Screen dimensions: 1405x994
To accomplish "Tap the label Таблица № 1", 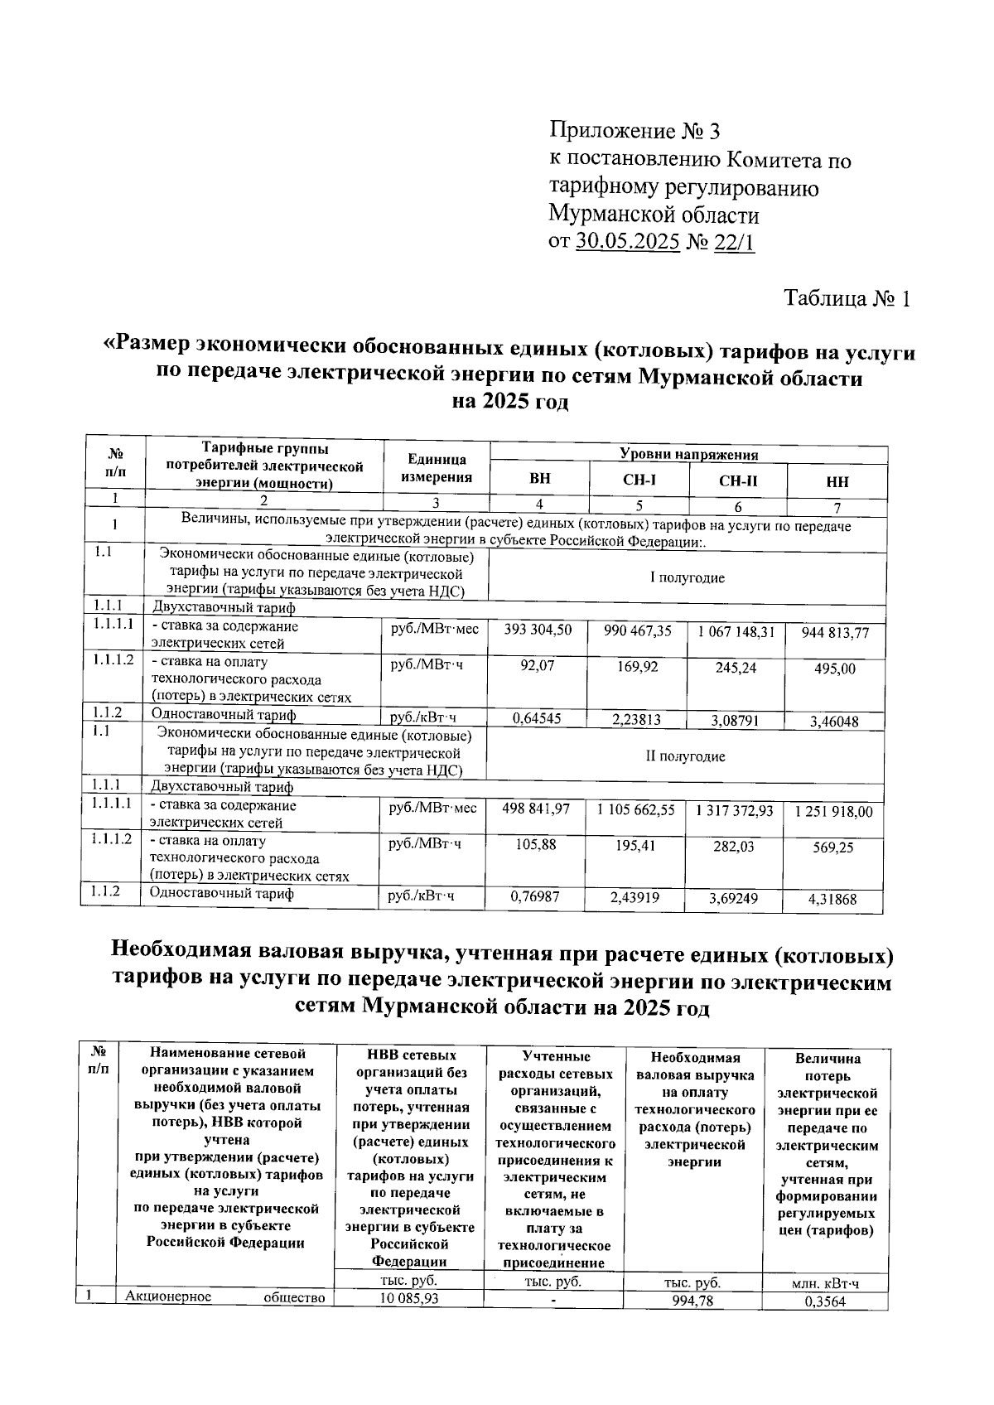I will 847,298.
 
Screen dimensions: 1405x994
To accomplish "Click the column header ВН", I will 539,480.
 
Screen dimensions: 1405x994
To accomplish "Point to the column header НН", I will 837,482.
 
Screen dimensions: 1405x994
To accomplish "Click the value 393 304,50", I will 538,630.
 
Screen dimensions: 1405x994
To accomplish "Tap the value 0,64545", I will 537,718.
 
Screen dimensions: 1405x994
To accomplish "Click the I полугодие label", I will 687,577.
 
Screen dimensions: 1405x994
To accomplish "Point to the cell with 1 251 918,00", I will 833,812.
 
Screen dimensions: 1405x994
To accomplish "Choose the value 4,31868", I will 832,900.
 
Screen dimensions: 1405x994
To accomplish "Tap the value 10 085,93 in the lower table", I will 408,1298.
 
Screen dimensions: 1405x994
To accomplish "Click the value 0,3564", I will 825,1301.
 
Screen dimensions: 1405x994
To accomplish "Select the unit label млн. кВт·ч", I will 825,1284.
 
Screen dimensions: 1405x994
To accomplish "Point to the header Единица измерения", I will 437,469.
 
